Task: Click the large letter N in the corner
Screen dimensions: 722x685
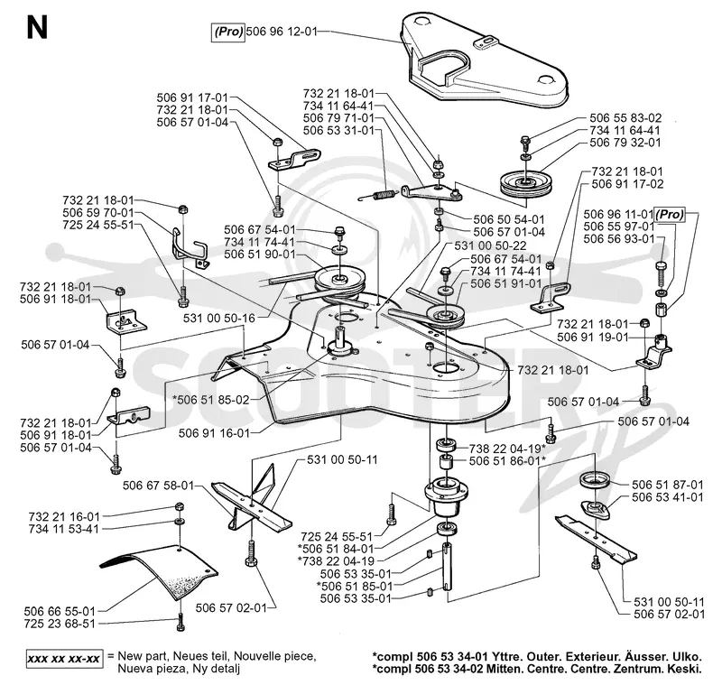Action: click(37, 28)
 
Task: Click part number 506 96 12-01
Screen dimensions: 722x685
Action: click(282, 32)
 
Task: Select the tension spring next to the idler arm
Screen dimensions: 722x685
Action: click(377, 195)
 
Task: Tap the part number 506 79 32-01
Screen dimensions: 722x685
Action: click(625, 143)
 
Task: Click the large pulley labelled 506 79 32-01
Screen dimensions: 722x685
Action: click(526, 183)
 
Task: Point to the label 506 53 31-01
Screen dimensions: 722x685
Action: click(338, 131)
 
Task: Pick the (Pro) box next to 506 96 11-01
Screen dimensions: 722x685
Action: click(670, 215)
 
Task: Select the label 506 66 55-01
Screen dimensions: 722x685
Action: click(60, 611)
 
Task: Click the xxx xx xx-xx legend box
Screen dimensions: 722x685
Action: click(64, 659)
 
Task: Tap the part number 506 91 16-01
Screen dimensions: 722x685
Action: click(214, 433)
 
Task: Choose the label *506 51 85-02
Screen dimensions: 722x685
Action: click(211, 400)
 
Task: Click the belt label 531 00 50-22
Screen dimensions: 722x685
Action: click(490, 245)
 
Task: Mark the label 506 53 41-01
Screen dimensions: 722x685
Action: click(668, 497)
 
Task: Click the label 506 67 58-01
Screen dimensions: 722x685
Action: click(159, 486)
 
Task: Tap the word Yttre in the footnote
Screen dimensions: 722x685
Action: click(509, 656)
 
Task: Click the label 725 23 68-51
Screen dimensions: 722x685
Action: click(60, 624)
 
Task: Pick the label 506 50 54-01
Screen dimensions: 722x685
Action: click(509, 219)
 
